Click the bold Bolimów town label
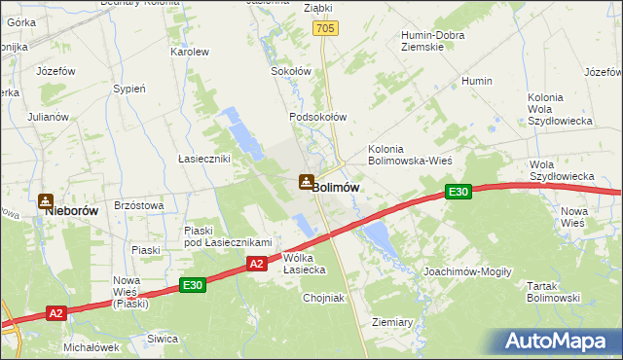pyautogui.click(x=337, y=187)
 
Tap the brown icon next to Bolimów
pyautogui.click(x=306, y=182)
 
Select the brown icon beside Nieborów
pyautogui.click(x=45, y=202)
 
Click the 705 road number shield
pyautogui.click(x=325, y=30)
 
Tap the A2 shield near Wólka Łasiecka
pyautogui.click(x=254, y=263)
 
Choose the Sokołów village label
pyautogui.click(x=290, y=71)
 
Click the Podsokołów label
pyautogui.click(x=317, y=117)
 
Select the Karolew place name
pyautogui.click(x=190, y=52)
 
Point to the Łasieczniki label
pyautogui.click(x=202, y=159)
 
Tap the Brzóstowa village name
pyautogui.click(x=138, y=205)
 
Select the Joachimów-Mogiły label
pyautogui.click(x=467, y=271)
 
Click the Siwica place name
pyautogui.click(x=162, y=339)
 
